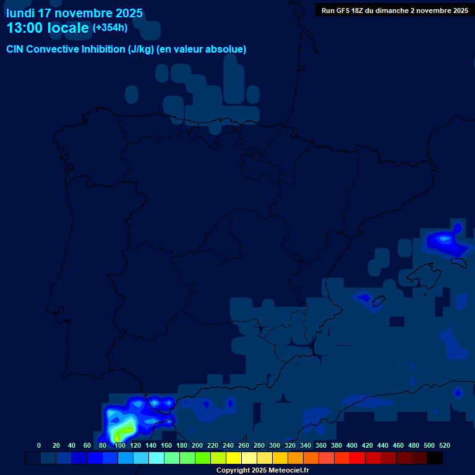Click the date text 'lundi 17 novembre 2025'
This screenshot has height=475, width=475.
tap(74, 13)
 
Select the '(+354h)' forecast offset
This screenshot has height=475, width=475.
tap(110, 28)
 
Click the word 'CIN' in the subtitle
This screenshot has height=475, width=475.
tap(16, 49)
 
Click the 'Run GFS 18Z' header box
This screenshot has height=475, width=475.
tap(394, 11)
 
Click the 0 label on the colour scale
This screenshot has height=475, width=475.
tap(39, 445)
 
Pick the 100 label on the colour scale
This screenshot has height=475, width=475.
tap(120, 445)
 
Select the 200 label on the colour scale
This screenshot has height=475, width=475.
tap(197, 445)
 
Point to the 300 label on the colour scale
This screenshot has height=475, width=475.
tap(275, 445)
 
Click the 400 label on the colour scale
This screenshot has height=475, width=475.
tap(352, 445)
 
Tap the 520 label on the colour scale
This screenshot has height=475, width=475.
tap(444, 445)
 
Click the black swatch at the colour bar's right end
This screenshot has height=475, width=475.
tap(435, 458)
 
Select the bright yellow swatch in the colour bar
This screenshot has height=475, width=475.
tap(234, 458)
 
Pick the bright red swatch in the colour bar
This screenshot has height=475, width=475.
tap(357, 458)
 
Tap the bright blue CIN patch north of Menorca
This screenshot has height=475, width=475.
tap(443, 238)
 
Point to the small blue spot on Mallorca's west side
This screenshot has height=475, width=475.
tap(364, 298)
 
